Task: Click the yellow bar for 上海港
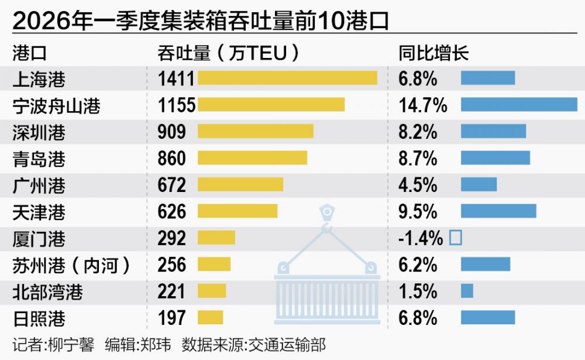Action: [x=287, y=78]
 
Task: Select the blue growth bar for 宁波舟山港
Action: [x=519, y=104]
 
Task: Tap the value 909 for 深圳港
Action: [x=171, y=132]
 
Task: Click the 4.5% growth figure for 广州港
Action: [x=418, y=185]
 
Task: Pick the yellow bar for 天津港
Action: [x=238, y=211]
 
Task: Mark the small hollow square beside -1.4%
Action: [x=455, y=238]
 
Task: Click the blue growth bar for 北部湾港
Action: [x=467, y=291]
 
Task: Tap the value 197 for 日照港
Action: [x=171, y=318]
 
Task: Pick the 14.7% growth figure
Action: [x=423, y=105]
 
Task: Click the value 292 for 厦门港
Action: [x=171, y=238]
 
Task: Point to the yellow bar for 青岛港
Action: [x=252, y=158]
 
